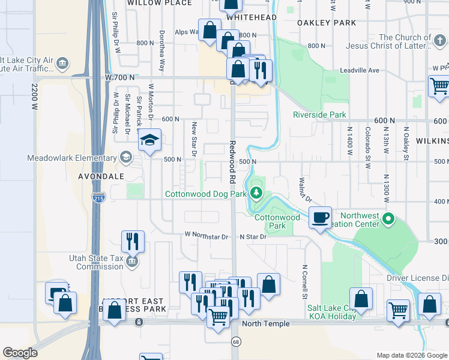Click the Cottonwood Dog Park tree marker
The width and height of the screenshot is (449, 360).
click(x=257, y=193)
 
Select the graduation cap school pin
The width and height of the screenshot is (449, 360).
click(x=149, y=141)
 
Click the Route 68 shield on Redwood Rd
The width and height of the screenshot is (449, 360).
click(x=235, y=341)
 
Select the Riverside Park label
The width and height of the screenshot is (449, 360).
click(x=319, y=115)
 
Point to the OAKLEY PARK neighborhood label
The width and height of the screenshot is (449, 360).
click(x=327, y=23)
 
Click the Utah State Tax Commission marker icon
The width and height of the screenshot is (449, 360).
click(x=132, y=262)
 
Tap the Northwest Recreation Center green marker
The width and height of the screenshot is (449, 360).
click(x=388, y=220)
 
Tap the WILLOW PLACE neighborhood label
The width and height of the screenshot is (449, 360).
click(x=160, y=3)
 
